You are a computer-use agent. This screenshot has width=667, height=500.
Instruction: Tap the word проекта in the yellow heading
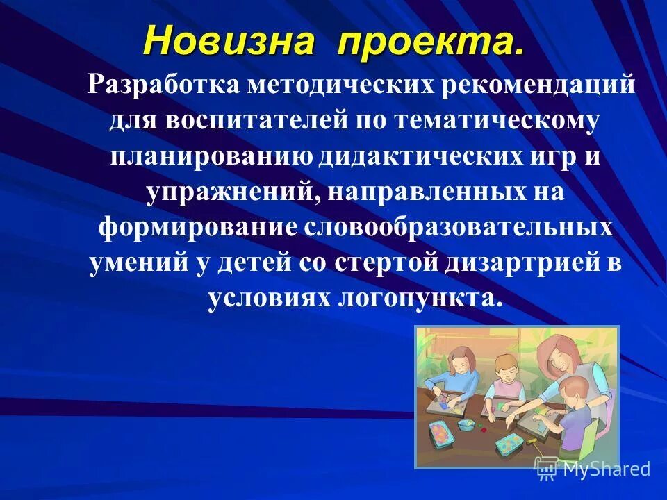pos(431,43)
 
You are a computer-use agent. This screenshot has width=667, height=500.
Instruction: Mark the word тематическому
pos(496,121)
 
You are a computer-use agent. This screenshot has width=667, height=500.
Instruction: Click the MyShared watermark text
pos(606,469)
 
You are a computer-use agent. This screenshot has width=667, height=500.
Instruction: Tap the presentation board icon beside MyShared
pos(546,469)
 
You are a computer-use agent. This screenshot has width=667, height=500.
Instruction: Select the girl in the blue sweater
pos(461,375)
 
